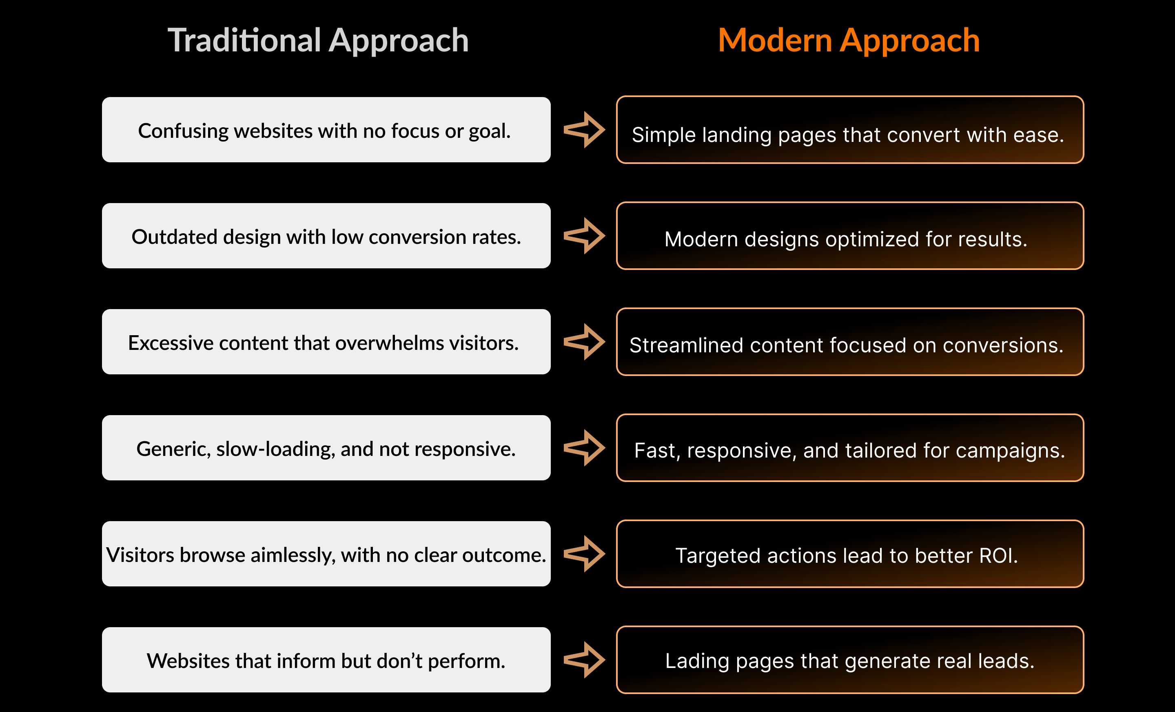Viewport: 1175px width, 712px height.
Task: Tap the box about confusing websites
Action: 326,130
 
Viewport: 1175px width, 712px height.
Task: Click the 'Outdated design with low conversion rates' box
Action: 326,236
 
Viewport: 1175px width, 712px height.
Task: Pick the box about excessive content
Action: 326,342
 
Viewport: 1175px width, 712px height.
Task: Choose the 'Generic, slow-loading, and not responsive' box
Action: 326,448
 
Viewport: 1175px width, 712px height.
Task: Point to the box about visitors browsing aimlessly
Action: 326,554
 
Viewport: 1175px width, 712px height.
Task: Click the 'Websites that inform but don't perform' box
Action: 326,660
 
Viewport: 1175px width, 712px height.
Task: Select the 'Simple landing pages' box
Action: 850,130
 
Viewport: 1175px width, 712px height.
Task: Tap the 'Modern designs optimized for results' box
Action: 850,236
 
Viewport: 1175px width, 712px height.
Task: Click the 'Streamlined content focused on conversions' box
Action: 850,342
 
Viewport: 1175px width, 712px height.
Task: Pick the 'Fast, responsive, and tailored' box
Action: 850,448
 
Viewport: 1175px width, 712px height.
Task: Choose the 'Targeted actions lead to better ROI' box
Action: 850,554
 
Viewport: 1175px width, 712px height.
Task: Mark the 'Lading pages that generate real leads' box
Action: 850,660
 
